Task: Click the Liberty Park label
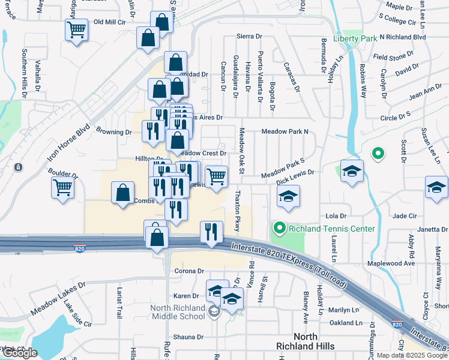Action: click(x=355, y=38)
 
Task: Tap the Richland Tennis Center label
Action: click(x=332, y=229)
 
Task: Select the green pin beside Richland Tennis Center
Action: click(x=279, y=228)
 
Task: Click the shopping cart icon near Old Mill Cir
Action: click(x=77, y=29)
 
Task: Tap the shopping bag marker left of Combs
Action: click(x=123, y=193)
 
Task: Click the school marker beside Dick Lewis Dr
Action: click(x=289, y=196)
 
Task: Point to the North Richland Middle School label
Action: click(x=178, y=312)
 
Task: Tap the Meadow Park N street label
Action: click(x=285, y=131)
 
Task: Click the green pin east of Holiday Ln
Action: click(x=378, y=154)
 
